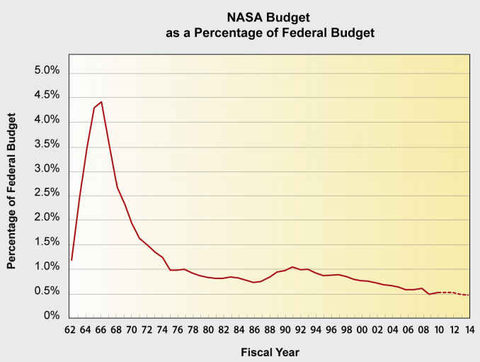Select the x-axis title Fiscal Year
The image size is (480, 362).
(x=270, y=351)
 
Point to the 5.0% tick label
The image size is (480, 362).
(x=46, y=72)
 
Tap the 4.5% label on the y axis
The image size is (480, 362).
(x=46, y=96)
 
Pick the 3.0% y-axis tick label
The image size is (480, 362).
(x=46, y=170)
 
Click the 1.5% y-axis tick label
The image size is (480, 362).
(x=46, y=242)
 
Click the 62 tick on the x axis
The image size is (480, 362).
(x=70, y=329)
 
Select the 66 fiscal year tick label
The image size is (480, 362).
(x=101, y=329)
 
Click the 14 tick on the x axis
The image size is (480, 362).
(x=469, y=329)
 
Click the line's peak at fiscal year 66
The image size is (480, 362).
(x=101, y=101)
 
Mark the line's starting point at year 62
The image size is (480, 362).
(x=72, y=260)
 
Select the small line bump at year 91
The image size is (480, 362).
(x=292, y=267)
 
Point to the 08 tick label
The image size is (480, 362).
(x=423, y=329)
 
